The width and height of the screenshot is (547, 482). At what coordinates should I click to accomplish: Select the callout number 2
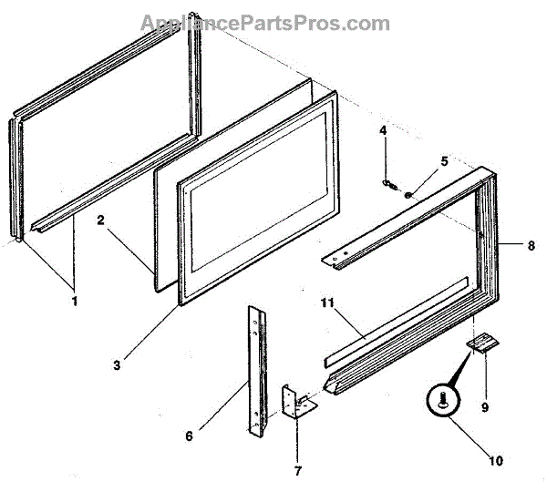pyautogui.click(x=101, y=220)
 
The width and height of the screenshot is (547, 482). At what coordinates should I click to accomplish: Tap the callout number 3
pyautogui.click(x=141, y=365)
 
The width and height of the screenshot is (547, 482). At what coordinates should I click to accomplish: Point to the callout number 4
pyautogui.click(x=384, y=131)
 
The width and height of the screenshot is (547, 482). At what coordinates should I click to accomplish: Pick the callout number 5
pyautogui.click(x=444, y=161)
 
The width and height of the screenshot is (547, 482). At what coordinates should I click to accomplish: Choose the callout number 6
pyautogui.click(x=189, y=436)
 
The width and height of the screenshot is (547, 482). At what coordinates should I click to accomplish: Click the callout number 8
pyautogui.click(x=531, y=245)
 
